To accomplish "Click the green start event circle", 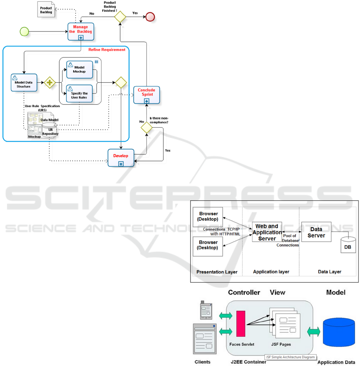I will coord(25,31).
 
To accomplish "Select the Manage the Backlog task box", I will coord(81,32).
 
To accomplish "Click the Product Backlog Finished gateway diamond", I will coord(120,16).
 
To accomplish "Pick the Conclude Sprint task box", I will coord(146,95).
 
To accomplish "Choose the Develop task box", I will coord(121,158).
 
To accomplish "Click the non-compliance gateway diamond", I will coord(147,128).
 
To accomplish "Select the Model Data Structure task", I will coord(24,83).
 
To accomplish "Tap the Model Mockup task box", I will coord(79,70).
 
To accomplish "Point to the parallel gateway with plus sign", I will coord(50,83).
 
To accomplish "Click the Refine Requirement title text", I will coord(107,49).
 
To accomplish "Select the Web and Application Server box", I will coord(267,232).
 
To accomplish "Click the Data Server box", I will coord(316,232).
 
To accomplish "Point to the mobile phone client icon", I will coord(206,311).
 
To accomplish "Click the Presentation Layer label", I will coord(217,272).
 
